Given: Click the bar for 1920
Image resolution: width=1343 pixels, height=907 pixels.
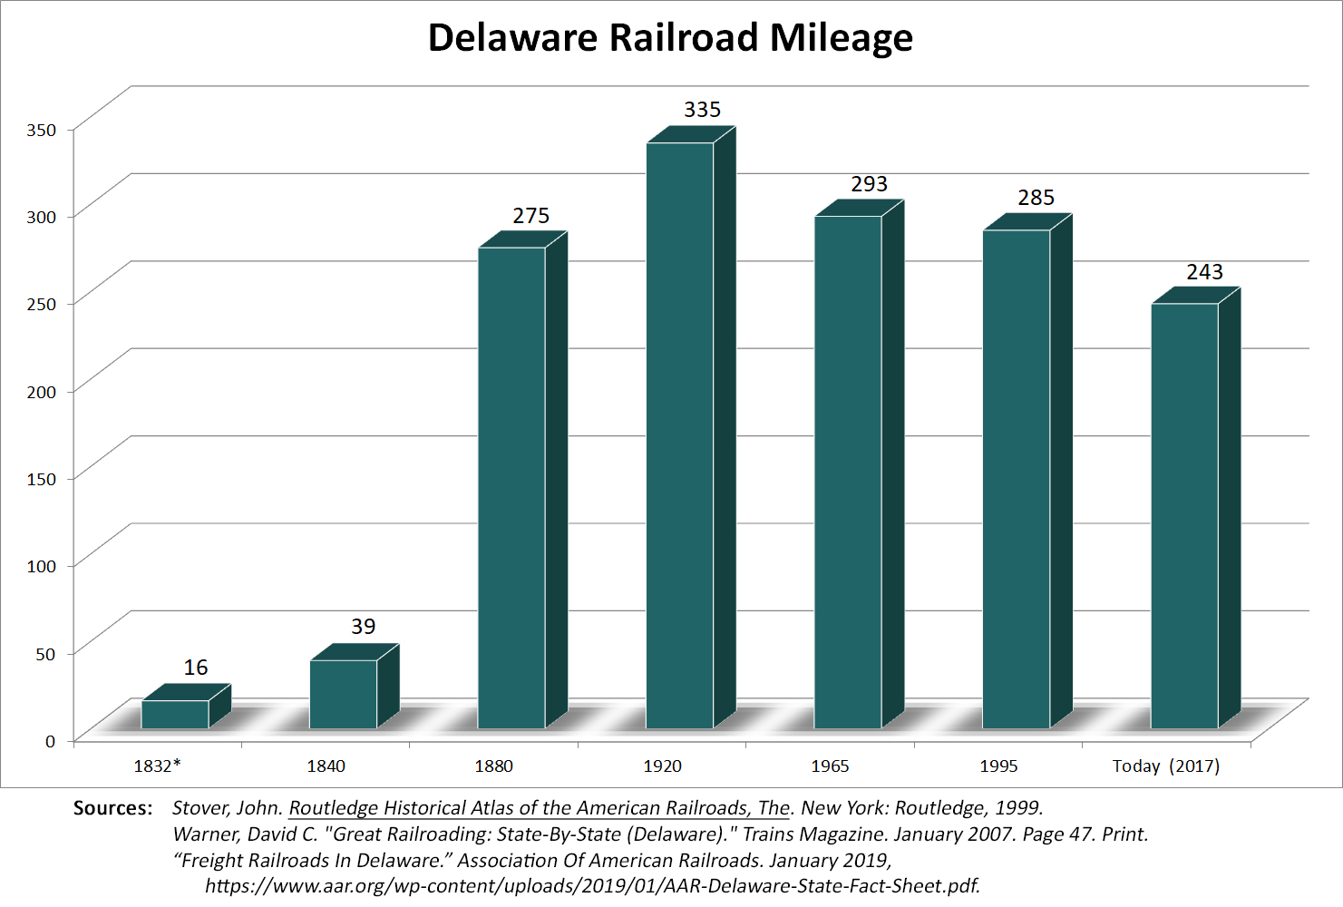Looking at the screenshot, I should tap(679, 435).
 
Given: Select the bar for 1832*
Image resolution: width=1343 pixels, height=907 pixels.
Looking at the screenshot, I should tap(175, 715).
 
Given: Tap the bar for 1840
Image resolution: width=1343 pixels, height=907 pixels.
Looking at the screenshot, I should tap(343, 694).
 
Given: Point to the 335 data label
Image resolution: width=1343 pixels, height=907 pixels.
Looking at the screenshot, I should tap(702, 110).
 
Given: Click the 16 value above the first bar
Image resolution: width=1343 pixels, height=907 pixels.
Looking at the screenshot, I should tap(196, 668).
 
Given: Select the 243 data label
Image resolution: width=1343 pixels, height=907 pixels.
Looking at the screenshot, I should tap(1204, 272).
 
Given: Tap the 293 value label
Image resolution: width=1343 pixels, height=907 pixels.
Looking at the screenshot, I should tap(869, 184).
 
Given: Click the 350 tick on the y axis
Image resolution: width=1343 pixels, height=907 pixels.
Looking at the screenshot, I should tap(42, 131).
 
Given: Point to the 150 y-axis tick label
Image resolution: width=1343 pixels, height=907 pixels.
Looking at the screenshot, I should tap(42, 479).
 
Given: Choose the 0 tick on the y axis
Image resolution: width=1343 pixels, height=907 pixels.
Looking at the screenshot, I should tap(51, 741).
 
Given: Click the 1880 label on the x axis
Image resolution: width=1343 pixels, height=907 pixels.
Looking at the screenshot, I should tap(493, 766).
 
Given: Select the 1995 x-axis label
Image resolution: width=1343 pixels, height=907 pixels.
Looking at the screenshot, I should tap(998, 766).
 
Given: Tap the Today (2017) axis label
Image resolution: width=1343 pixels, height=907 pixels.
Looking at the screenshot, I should tap(1165, 766).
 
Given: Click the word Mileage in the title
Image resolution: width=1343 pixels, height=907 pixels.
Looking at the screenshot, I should tap(841, 38).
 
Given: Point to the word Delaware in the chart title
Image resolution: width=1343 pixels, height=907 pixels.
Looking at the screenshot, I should tap(512, 38).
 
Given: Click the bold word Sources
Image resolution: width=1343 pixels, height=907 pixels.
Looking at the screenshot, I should tap(112, 808).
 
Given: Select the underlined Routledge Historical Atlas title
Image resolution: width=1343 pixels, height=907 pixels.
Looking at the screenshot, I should tap(540, 808).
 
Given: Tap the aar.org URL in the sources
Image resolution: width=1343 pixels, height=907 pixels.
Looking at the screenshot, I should tap(592, 886).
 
